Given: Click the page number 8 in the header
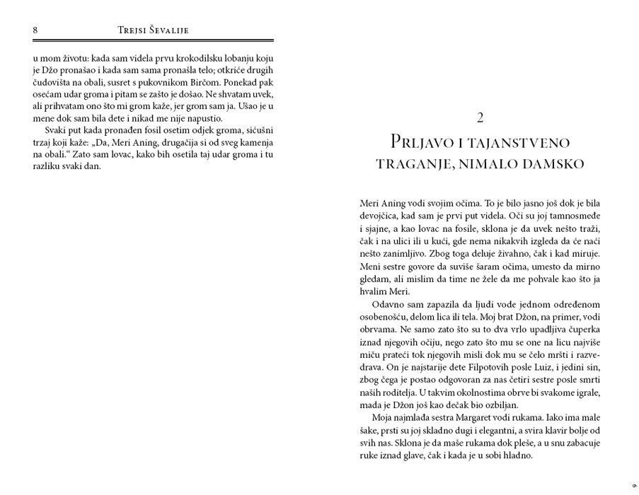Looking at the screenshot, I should (x=35, y=30).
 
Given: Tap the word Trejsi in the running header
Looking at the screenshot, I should (x=134, y=30).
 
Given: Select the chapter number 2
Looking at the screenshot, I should (x=480, y=117).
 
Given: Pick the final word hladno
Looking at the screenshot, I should (x=514, y=456).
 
